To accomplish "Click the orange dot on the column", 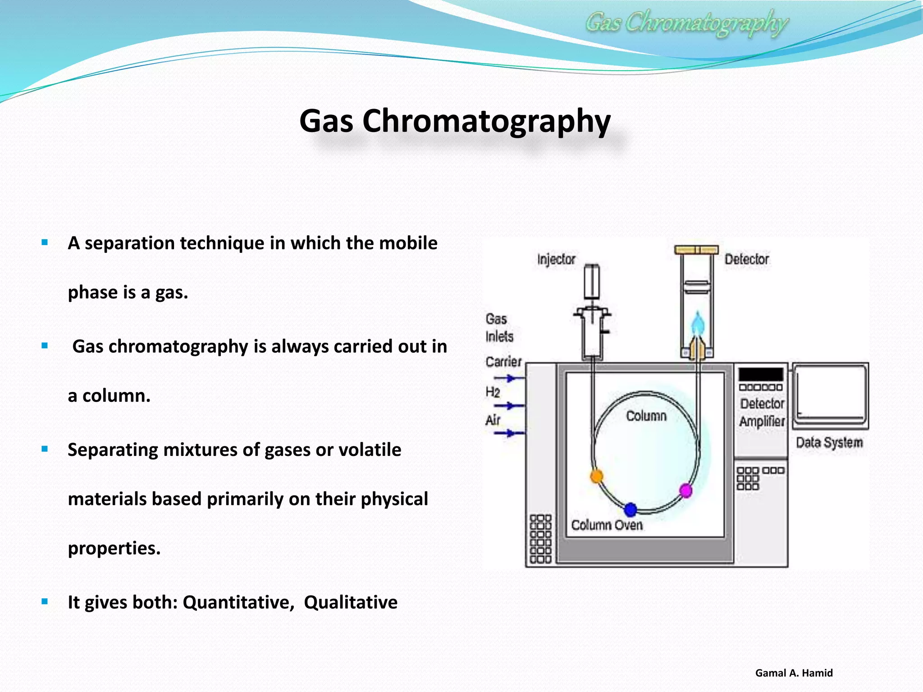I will click(596, 476).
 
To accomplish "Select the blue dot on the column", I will click(631, 510).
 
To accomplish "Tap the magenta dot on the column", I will click(685, 490).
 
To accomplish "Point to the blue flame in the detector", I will click(698, 323).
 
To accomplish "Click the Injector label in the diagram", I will click(556, 259).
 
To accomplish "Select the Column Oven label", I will click(607, 525).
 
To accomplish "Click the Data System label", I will click(829, 442).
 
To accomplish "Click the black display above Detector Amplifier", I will click(761, 374).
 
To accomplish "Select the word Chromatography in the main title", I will click(486, 121).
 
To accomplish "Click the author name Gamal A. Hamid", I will click(794, 673).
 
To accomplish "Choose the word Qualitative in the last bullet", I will click(351, 602).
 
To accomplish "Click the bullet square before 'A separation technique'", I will click(45, 242).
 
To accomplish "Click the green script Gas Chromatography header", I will click(686, 23).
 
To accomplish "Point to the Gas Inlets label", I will click(499, 328).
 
